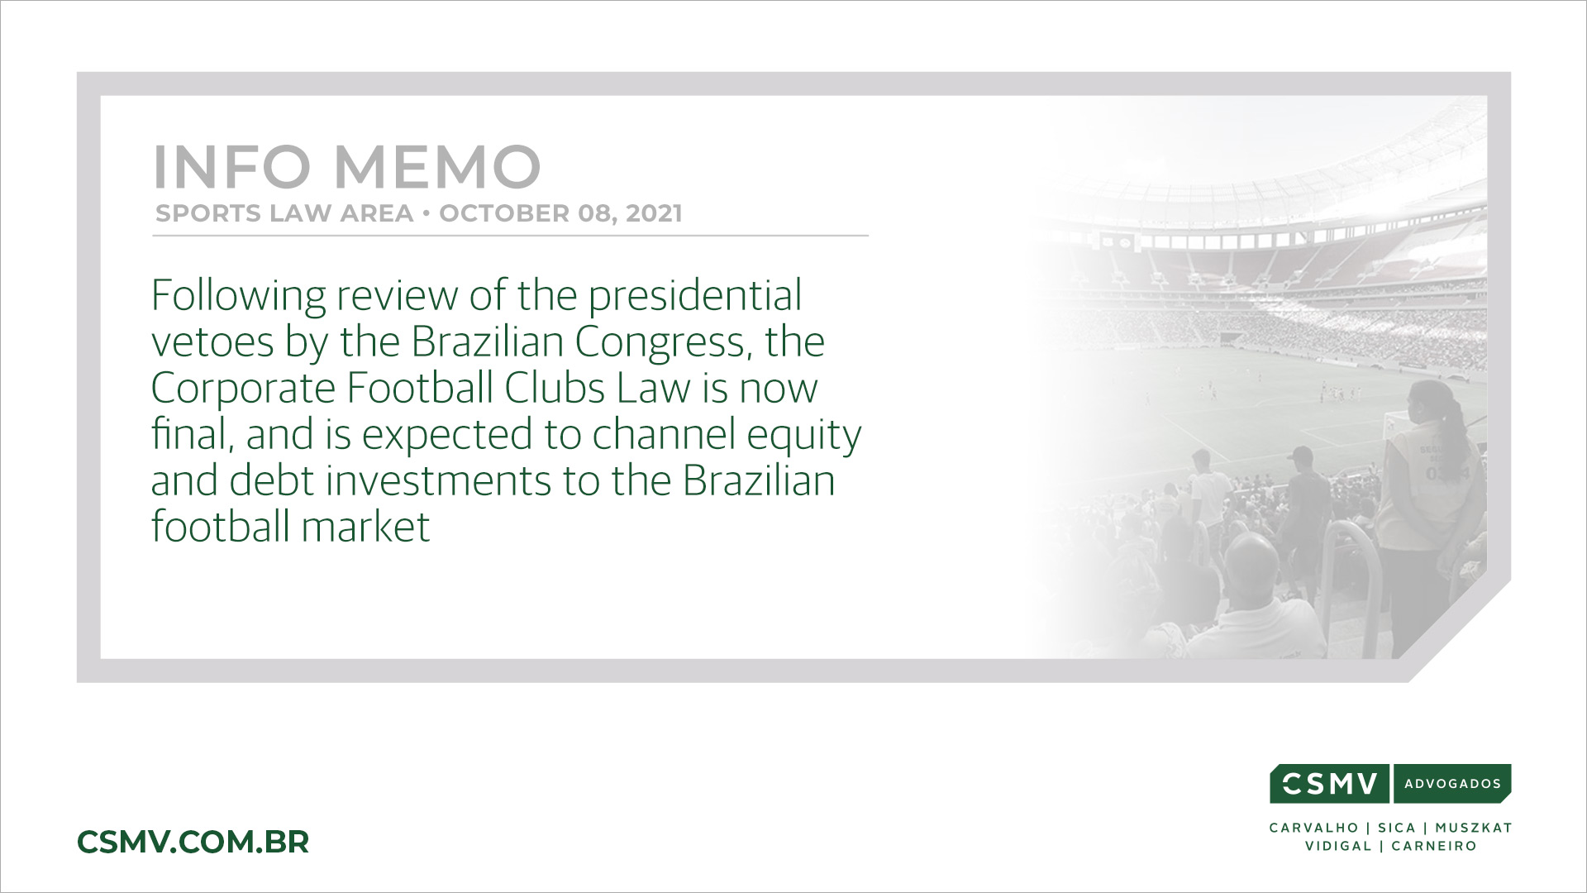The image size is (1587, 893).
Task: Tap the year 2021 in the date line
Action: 654,213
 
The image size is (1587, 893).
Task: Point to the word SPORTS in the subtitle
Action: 197,213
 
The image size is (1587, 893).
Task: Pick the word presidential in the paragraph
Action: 695,296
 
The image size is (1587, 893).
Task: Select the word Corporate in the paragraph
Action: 243,389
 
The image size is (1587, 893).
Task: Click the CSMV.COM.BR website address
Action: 193,842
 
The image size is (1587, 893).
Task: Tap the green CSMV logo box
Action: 1331,784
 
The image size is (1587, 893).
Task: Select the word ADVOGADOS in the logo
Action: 1452,784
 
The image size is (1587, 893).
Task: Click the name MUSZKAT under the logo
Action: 1474,828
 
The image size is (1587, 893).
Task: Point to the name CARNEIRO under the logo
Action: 1434,846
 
